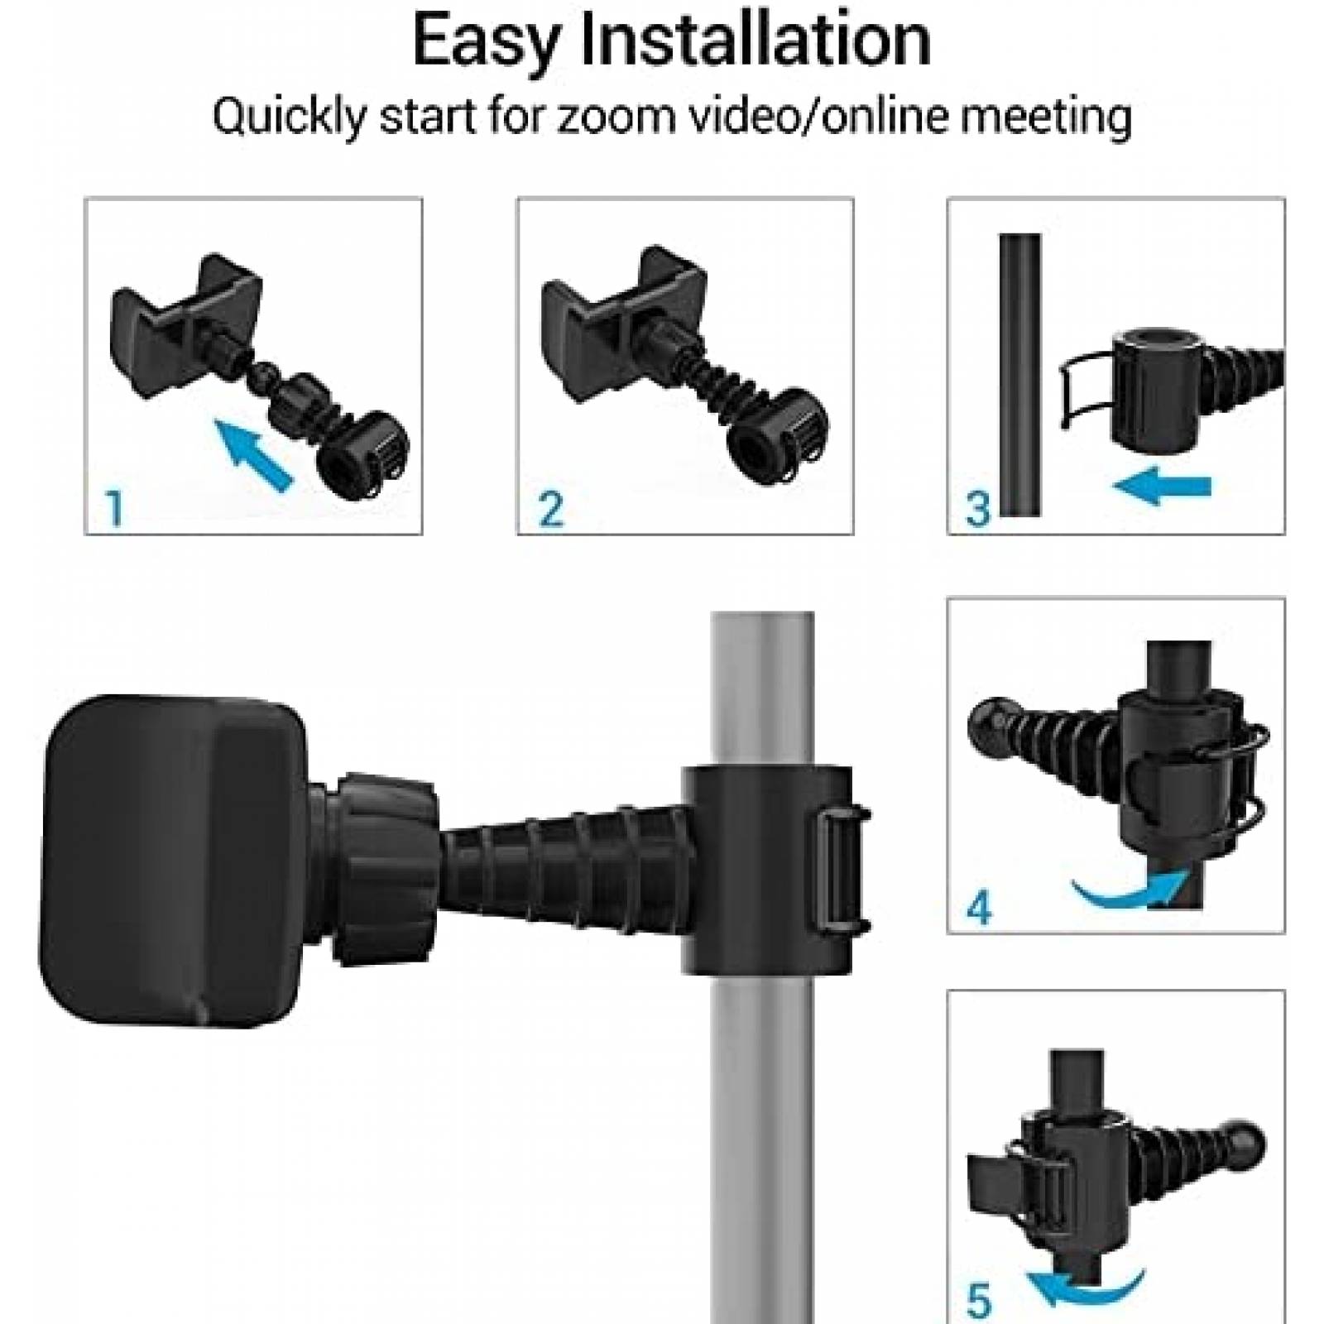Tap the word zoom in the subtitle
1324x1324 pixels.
click(608, 117)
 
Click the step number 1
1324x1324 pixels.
click(115, 507)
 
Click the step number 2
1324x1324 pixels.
click(550, 507)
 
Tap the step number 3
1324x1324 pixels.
click(978, 507)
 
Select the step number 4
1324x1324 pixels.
click(979, 908)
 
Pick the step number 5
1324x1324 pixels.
click(979, 1301)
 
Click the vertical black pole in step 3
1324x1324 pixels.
click(1019, 372)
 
